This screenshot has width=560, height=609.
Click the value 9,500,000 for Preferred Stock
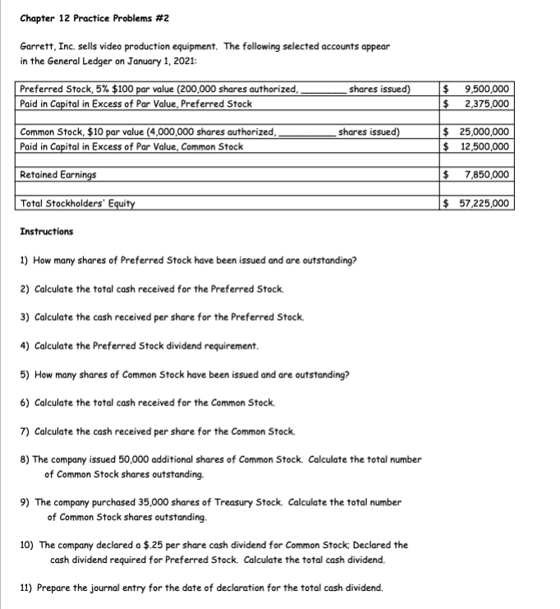[487, 90]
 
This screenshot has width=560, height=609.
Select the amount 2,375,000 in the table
[487, 104]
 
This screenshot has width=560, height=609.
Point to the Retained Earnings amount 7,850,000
[487, 175]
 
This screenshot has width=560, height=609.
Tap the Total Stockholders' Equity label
[78, 204]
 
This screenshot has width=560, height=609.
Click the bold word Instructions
[47, 232]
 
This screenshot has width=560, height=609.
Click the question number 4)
[25, 346]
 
